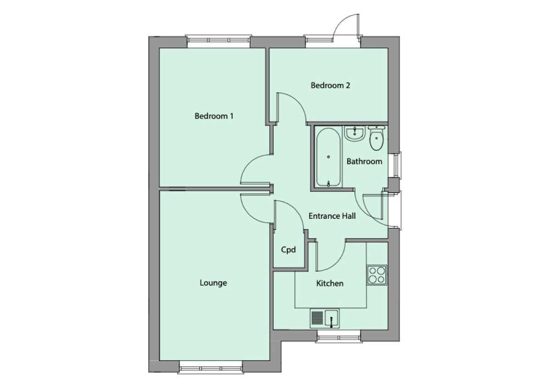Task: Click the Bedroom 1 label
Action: click(214, 116)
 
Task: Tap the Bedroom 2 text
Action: click(331, 85)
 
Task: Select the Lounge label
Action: click(213, 283)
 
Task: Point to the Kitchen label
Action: click(330, 283)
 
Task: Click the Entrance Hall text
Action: click(332, 216)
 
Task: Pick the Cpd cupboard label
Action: click(288, 250)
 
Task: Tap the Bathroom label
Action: click(364, 161)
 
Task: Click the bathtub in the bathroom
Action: click(328, 157)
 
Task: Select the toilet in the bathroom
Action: click(377, 139)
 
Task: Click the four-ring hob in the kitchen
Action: click(377, 274)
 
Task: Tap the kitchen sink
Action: click(325, 318)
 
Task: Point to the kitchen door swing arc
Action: click(333, 259)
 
